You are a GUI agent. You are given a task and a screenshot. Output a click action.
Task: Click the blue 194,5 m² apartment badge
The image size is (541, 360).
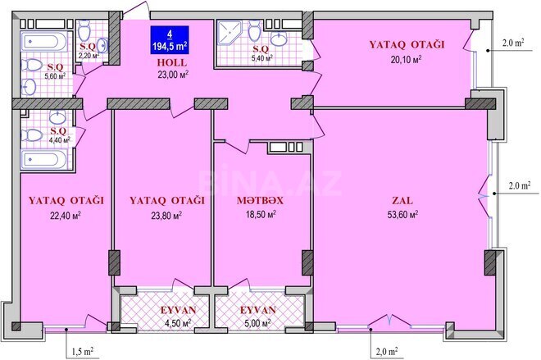click(170, 40)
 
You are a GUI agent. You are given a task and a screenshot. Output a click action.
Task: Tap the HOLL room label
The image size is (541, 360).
click(172, 62)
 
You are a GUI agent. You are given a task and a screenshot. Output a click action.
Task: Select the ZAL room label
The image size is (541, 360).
click(402, 201)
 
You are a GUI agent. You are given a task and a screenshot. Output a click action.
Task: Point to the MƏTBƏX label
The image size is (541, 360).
click(260, 201)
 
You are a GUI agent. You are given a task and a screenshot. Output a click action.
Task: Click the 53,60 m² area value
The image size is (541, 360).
click(402, 215)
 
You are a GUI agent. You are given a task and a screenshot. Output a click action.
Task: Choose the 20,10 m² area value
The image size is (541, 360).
click(406, 59)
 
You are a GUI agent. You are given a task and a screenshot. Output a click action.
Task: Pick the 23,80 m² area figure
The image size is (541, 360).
click(166, 216)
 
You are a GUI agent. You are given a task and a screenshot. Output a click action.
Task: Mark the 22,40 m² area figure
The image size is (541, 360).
click(66, 216)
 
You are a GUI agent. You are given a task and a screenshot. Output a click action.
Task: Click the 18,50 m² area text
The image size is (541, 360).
click(261, 214)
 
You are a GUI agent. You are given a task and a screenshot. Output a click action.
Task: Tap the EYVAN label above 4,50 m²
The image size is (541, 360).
click(178, 310)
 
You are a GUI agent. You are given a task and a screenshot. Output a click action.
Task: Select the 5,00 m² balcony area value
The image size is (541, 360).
click(257, 324)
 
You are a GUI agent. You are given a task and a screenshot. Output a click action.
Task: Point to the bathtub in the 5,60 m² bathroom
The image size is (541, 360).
click(43, 42)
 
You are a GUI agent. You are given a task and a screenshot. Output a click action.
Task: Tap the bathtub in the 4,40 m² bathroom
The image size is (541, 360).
click(43, 159)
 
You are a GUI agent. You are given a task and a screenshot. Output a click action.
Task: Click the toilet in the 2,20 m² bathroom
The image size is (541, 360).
click(84, 31)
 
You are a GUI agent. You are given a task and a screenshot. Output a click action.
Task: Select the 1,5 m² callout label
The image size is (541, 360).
click(82, 351)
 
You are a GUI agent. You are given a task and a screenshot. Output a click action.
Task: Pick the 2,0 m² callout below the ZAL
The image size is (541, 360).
click(386, 351)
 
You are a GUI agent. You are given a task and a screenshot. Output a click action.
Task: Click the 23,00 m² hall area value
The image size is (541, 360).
click(173, 75)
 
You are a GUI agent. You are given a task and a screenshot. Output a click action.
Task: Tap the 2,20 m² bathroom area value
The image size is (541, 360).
click(89, 55)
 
